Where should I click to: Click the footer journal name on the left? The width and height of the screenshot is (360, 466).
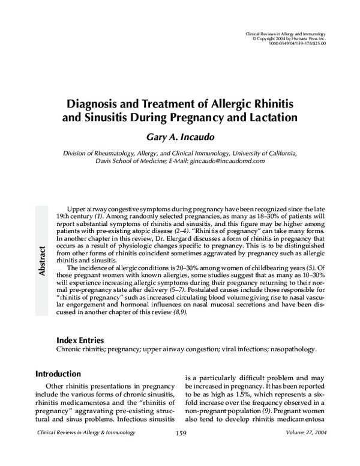point(86,433)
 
